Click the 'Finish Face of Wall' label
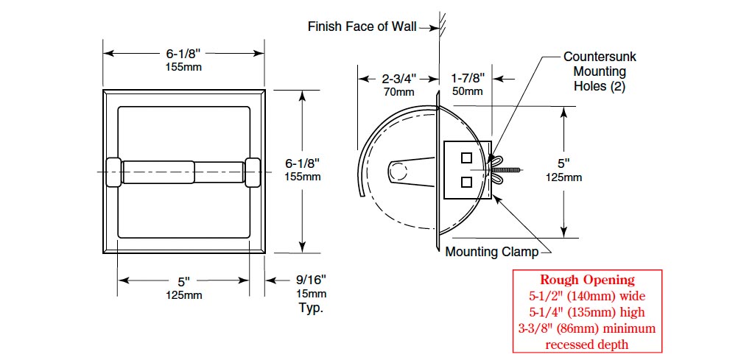pyautogui.click(x=362, y=27)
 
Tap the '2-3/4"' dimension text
pyautogui.click(x=399, y=79)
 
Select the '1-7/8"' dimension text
pyautogui.click(x=467, y=78)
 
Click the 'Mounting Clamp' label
pyautogui.click(x=491, y=253)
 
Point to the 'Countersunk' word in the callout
pyautogui.click(x=600, y=56)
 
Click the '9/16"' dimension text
pyautogui.click(x=311, y=279)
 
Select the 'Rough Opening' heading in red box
pyautogui.click(x=587, y=280)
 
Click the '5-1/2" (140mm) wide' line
pyautogui.click(x=587, y=295)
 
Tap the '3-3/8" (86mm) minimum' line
pyautogui.click(x=587, y=328)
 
